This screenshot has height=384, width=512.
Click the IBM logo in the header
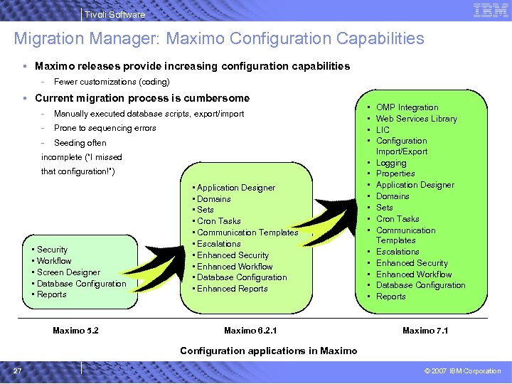[490, 11]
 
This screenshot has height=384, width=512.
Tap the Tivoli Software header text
[114, 14]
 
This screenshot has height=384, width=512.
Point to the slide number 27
[16, 370]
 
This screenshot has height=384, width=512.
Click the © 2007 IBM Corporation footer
[462, 371]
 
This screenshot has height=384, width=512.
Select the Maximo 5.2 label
[75, 331]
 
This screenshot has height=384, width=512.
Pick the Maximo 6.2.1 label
[250, 331]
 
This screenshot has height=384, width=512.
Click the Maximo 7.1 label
[425, 331]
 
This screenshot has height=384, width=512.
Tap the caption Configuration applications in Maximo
[268, 351]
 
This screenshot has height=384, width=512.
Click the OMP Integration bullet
[407, 107]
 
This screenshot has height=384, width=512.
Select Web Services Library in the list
[416, 119]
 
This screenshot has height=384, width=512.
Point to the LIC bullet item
[383, 129]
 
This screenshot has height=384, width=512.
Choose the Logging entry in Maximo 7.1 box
[391, 163]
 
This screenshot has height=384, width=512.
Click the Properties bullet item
[395, 174]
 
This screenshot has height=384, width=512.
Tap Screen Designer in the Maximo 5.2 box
[68, 272]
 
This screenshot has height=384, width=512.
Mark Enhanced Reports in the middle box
[232, 289]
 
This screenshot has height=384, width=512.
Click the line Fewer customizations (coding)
[112, 82]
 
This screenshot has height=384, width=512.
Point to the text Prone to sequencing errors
[105, 128]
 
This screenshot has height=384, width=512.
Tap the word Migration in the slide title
[48, 38]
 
